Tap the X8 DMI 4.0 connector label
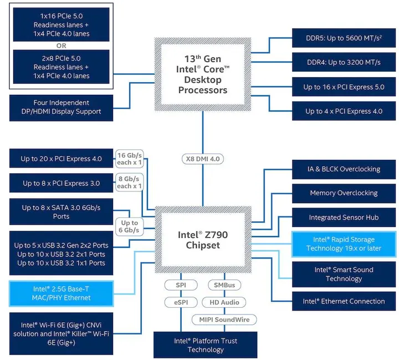202,159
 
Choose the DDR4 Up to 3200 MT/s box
344,62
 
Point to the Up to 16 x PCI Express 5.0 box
344,87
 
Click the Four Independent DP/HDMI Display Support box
61,107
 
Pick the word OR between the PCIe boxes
61,45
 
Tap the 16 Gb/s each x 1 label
128,159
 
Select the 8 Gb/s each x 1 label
128,182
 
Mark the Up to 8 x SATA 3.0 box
61,212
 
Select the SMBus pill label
224,285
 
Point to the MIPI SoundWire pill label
224,320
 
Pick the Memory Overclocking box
344,193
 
